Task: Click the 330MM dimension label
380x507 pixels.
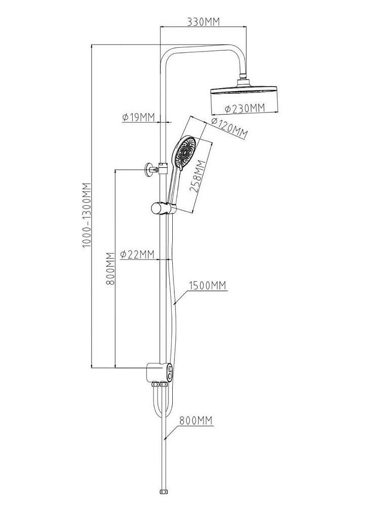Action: click(204, 22)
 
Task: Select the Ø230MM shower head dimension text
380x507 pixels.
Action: click(245, 108)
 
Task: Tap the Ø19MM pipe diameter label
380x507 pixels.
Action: click(139, 117)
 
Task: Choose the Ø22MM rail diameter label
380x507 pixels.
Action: click(137, 255)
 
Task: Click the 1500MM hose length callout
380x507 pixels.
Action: click(208, 285)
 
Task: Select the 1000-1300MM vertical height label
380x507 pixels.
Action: click(87, 215)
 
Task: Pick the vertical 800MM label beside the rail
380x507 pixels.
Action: click(110, 268)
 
